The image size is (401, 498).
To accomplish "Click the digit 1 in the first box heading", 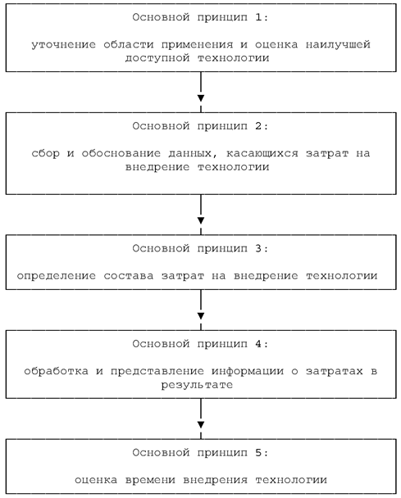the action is coord(258,17).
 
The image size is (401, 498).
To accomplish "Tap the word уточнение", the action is coord(64,44).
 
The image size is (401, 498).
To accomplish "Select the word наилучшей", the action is coord(338,44).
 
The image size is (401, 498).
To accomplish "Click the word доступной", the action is coord(157,58).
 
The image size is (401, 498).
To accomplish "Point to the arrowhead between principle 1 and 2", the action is coord(201,98).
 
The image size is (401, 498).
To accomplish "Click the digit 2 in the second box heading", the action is coord(258,126).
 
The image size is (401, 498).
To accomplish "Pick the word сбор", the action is coord(45,153).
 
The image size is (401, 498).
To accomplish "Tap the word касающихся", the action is coord(262,153).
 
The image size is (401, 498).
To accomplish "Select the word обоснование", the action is coord(121,153).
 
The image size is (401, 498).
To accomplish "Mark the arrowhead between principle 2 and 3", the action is coord(201,220).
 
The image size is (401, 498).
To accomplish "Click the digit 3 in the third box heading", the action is coord(258,248).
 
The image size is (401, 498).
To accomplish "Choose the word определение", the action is coord(57,276).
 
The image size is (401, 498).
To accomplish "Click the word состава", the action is coord(129,276).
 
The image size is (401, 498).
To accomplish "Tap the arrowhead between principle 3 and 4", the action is coord(201,316).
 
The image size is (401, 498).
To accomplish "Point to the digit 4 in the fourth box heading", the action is coord(258,344).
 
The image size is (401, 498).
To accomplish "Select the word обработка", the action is coord(57,371).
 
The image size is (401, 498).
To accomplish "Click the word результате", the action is coord(197,385).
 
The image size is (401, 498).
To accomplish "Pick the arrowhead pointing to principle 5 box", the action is coord(201,424).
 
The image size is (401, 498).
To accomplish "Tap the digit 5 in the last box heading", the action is coord(258,453).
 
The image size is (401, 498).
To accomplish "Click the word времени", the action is coord(150,480).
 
